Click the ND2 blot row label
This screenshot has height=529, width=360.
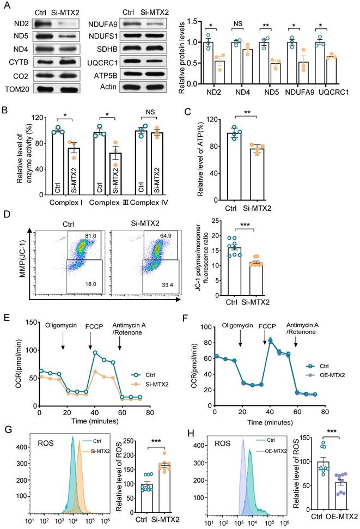[x=11, y=24]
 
